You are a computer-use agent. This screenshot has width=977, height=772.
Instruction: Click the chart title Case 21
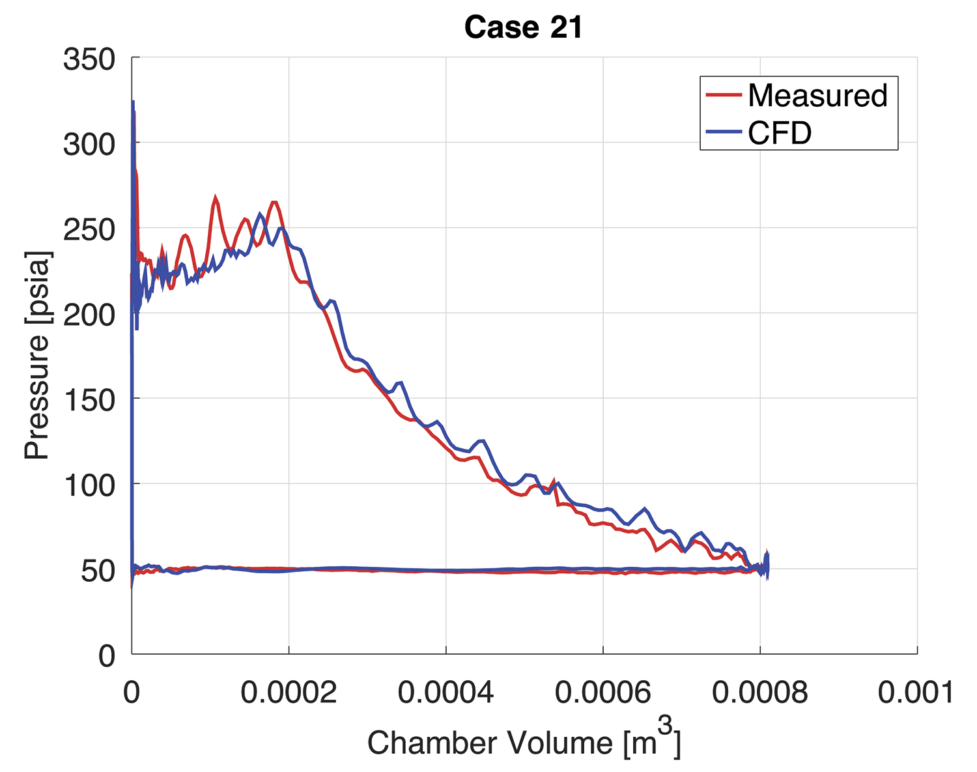coord(523,27)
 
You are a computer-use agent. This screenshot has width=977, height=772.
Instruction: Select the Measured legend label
coord(817,96)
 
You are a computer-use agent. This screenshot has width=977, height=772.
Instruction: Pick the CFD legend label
coord(780,133)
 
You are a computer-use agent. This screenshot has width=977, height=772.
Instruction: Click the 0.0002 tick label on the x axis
coord(289,693)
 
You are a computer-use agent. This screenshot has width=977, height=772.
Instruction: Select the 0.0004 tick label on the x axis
coord(446,693)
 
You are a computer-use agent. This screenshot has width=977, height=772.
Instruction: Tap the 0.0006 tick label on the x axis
coord(603,693)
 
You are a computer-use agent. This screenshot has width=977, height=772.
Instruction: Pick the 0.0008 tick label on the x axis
coord(759,693)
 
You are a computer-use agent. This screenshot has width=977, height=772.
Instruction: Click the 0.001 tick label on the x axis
coord(916,693)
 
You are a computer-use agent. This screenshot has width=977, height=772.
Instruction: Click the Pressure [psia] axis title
coord(37,354)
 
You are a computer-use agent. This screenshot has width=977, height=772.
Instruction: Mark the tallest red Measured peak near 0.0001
coord(215,197)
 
